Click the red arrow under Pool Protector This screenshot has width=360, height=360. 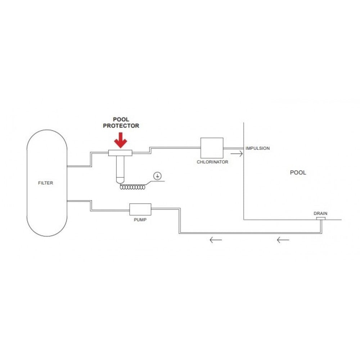(121, 140)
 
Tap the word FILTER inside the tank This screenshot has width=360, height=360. (45, 183)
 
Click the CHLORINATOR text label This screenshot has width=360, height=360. (212, 162)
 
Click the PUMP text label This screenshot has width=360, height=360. (140, 220)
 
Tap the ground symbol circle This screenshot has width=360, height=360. (157, 176)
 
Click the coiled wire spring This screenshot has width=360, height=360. (133, 187)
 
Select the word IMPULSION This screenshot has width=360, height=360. (258, 148)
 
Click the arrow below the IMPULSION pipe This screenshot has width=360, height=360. (237, 154)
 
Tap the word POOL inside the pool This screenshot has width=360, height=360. (298, 172)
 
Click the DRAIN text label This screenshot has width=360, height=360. (320, 213)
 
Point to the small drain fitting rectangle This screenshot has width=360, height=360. (321, 219)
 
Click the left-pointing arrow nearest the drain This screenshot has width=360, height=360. (283, 240)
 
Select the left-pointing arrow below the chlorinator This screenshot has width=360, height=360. (216, 240)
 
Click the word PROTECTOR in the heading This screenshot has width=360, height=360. (121, 126)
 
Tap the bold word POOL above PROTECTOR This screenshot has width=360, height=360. (121, 120)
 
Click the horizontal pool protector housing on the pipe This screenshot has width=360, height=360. (120, 153)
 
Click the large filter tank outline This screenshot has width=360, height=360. (27, 183)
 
